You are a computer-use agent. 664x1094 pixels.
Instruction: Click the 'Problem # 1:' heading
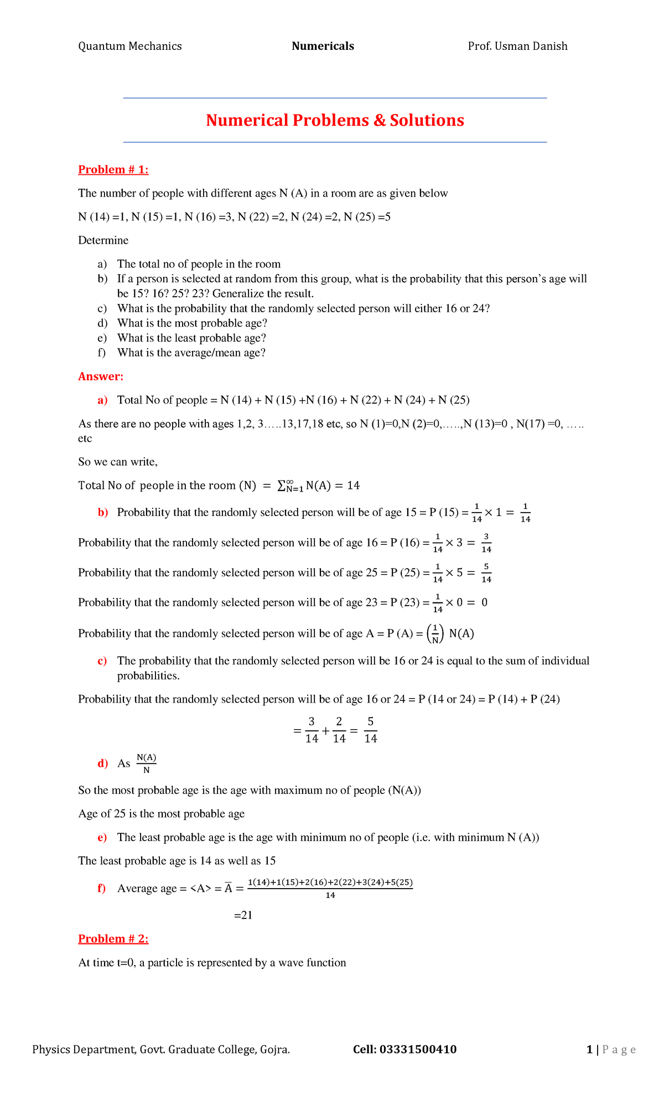pyautogui.click(x=113, y=170)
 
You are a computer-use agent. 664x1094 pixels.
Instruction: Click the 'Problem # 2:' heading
pyautogui.click(x=113, y=939)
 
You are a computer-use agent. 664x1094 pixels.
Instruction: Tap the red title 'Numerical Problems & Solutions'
pyautogui.click(x=335, y=120)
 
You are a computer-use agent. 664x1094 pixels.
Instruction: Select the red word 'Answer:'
pyautogui.click(x=101, y=376)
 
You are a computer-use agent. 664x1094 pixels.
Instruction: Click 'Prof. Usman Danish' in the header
pyautogui.click(x=517, y=46)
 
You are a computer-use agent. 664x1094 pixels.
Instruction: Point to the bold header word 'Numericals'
pyautogui.click(x=323, y=46)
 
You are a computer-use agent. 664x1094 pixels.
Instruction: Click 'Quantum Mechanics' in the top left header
pyautogui.click(x=130, y=46)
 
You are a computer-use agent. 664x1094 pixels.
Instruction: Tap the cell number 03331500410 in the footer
pyautogui.click(x=418, y=1049)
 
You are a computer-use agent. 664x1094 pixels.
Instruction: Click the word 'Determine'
pyautogui.click(x=103, y=240)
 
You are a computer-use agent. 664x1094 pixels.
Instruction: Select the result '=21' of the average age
pyautogui.click(x=243, y=915)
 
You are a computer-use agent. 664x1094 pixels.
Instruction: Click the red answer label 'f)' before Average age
pyautogui.click(x=102, y=889)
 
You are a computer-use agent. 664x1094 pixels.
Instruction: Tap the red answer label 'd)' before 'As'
pyautogui.click(x=102, y=764)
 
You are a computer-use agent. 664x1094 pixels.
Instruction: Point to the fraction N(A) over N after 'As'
pyautogui.click(x=147, y=763)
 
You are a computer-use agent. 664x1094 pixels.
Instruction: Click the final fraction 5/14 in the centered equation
pyautogui.click(x=371, y=730)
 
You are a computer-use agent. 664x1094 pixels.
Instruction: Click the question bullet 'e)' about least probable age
pyautogui.click(x=102, y=338)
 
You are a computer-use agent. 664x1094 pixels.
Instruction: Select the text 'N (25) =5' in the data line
pyautogui.click(x=367, y=217)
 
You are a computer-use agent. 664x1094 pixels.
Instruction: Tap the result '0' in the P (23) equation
pyautogui.click(x=484, y=602)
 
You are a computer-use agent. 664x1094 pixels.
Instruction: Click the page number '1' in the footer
pyautogui.click(x=589, y=1049)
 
